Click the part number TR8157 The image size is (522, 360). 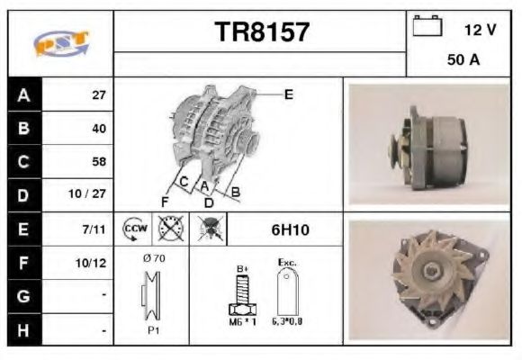pos(261,32)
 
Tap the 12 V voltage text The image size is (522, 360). pos(479,30)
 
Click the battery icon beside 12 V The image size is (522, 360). pos(427,27)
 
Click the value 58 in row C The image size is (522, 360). pos(98,162)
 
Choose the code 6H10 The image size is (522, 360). pos(290,229)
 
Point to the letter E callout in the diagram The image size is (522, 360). pos(288,94)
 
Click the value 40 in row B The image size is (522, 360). pos(98,128)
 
